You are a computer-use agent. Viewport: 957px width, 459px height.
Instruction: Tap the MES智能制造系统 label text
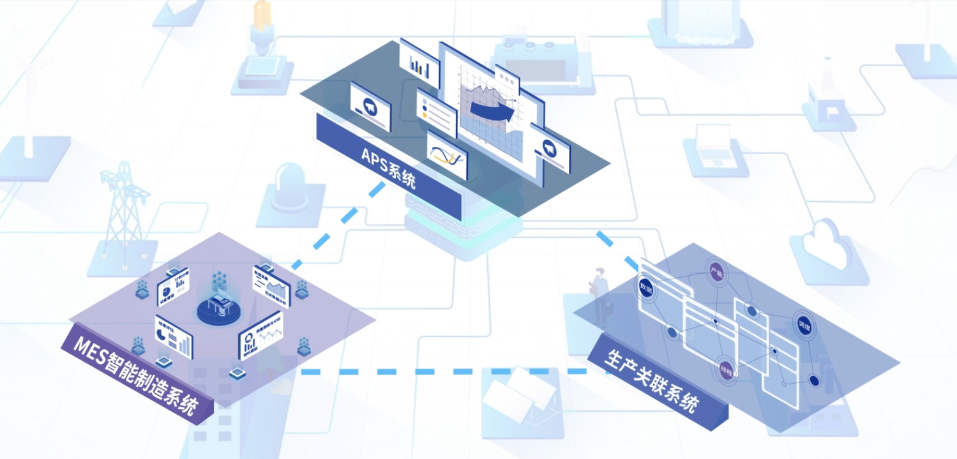click(135, 377)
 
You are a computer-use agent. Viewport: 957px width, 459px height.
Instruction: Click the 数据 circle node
click(646, 289)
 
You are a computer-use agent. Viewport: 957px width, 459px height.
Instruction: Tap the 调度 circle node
click(803, 325)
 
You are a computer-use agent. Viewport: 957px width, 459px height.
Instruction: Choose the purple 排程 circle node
click(725, 369)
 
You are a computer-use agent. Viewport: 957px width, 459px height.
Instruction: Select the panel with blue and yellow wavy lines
click(447, 155)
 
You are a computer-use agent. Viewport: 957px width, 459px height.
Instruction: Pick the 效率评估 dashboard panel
click(174, 336)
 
